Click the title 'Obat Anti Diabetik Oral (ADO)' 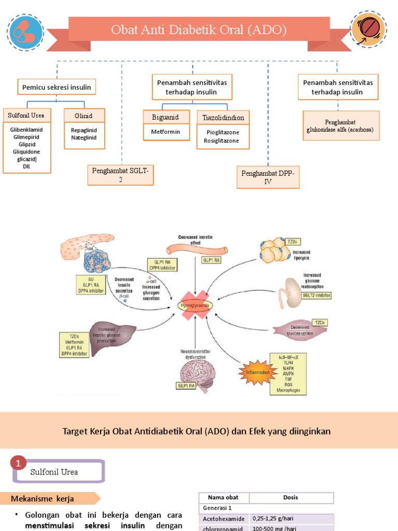pyautogui.click(x=199, y=30)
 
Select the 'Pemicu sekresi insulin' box pyautogui.click(x=56, y=87)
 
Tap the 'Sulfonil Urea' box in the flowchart pyautogui.click(x=26, y=115)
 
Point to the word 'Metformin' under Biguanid pyautogui.click(x=165, y=132)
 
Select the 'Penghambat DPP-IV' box pyautogui.click(x=268, y=177)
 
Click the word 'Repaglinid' pyautogui.click(x=84, y=130)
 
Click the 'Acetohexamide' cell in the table pyautogui.click(x=224, y=518)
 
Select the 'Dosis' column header pyautogui.click(x=291, y=497)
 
